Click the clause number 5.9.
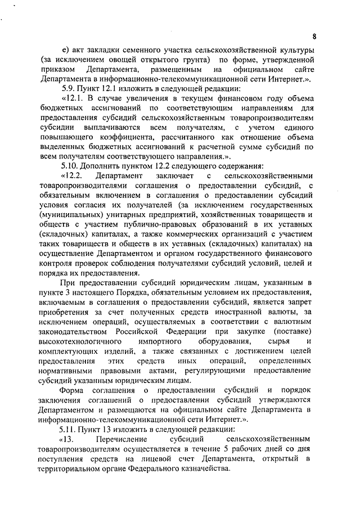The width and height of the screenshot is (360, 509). click(x=69, y=89)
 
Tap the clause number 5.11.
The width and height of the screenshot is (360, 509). click(x=71, y=429)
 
